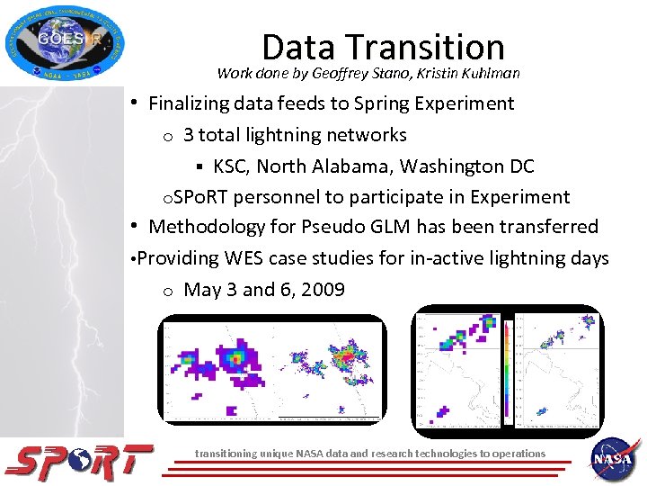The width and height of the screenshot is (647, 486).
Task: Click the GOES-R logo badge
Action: (65, 42)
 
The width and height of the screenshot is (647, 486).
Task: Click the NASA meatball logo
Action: (615, 459)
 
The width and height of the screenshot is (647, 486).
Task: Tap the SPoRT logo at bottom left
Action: (79, 461)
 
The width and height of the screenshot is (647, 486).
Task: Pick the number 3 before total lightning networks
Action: (188, 135)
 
